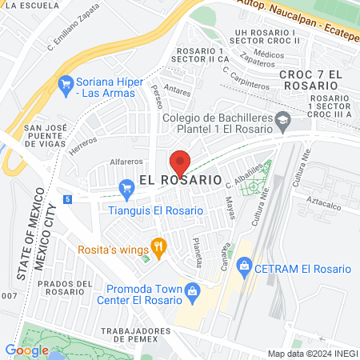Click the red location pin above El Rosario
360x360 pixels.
179,163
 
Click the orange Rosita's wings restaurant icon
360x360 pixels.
158,249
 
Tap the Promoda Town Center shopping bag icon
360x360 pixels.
192,294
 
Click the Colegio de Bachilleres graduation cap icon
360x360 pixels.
283,122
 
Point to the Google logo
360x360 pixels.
26,350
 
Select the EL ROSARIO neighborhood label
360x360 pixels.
180,181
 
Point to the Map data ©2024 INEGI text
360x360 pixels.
311,353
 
